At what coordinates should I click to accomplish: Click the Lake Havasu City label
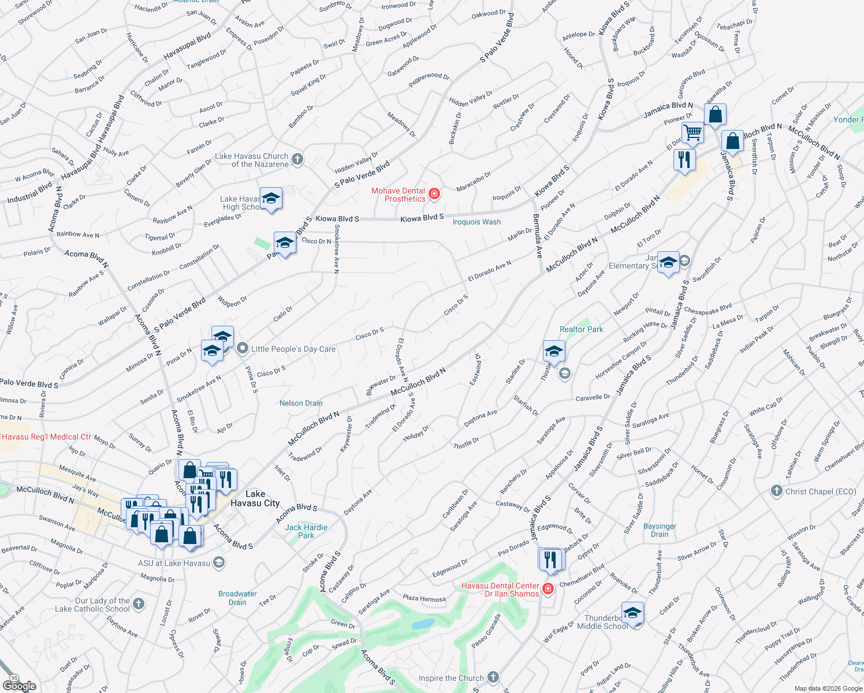click(255, 498)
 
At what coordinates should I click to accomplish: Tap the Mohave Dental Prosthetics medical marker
click(434, 195)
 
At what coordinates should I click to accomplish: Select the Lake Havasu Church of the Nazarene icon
click(297, 159)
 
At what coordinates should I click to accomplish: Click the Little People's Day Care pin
click(243, 348)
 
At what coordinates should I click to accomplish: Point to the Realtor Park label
click(581, 329)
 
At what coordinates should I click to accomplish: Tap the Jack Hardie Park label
click(306, 531)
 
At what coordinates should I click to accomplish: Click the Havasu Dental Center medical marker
click(548, 589)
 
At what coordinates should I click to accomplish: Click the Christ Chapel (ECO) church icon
click(777, 491)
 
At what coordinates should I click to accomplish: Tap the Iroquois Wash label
click(476, 222)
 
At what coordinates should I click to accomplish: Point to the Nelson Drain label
click(301, 403)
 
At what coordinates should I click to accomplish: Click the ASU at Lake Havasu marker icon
click(219, 562)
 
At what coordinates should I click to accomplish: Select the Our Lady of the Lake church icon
click(138, 604)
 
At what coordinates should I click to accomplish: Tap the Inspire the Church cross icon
click(493, 677)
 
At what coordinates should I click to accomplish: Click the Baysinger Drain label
click(660, 530)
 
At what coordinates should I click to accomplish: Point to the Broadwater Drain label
click(237, 598)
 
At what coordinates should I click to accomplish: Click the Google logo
click(19, 686)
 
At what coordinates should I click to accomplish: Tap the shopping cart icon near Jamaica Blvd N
click(692, 132)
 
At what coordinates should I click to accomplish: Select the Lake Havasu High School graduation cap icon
click(271, 199)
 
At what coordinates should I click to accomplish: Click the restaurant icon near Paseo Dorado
click(550, 559)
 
